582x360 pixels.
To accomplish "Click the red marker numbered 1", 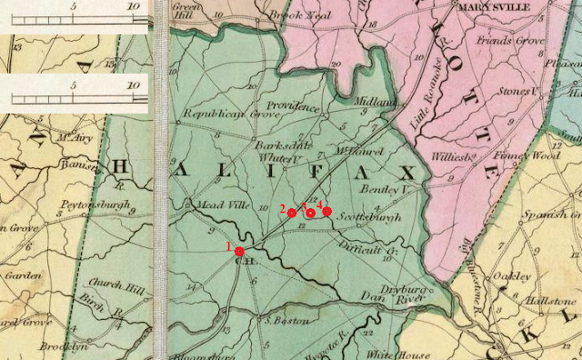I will click(239, 251).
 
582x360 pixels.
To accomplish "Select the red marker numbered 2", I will click(292, 213).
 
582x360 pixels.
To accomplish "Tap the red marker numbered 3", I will click(310, 213).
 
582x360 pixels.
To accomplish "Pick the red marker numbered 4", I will click(327, 211).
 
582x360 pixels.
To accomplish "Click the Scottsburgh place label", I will click(368, 219).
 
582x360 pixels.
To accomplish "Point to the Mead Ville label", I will click(217, 205).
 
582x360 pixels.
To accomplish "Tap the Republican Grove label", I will click(222, 115).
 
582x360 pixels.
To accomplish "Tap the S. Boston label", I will click(284, 320).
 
